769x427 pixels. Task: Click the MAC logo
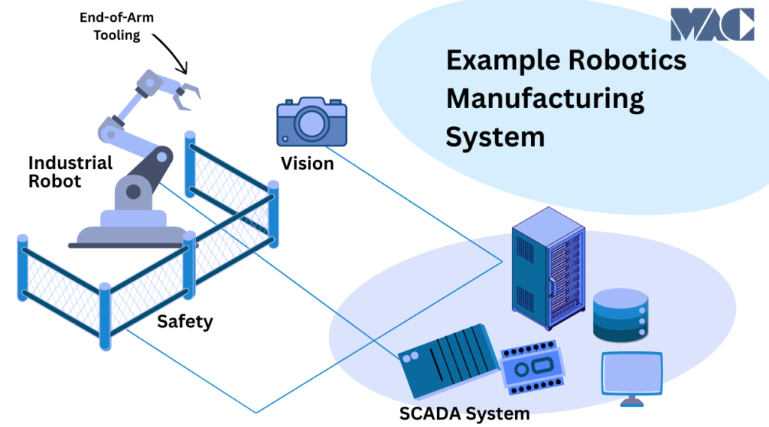[x=712, y=24]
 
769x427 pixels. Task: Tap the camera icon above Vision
[x=312, y=122]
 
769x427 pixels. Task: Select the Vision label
[x=307, y=163]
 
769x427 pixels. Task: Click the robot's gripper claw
[x=187, y=93]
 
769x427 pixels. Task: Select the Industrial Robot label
[x=70, y=171]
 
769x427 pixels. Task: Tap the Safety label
[x=185, y=322]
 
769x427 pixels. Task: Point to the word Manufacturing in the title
[x=545, y=98]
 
